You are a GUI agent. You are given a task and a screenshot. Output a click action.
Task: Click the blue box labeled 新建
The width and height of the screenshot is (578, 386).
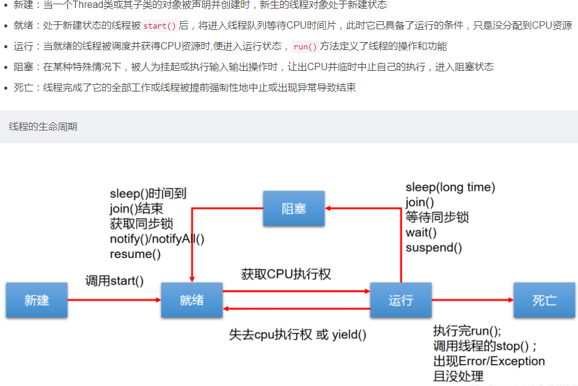tap(37, 300)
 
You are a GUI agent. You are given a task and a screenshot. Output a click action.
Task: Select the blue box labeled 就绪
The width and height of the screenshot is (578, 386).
tap(192, 300)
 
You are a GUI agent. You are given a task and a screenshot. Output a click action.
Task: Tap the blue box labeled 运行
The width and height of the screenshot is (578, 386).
tap(401, 300)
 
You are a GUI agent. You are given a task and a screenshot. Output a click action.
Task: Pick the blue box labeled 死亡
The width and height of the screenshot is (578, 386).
tap(544, 300)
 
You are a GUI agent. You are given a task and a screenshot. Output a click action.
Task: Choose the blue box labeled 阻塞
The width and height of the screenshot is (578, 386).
tap(294, 209)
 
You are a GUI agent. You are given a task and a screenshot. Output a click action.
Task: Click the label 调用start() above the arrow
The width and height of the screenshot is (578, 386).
tap(114, 281)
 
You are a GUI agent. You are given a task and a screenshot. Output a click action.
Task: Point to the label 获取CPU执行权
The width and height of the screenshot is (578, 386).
tap(286, 274)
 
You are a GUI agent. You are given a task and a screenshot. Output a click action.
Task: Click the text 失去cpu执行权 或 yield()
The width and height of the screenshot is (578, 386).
tap(298, 334)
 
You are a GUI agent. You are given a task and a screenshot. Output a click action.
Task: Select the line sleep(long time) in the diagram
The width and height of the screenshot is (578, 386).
tap(450, 187)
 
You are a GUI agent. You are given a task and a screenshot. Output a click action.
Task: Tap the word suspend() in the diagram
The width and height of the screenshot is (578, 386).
tap(434, 248)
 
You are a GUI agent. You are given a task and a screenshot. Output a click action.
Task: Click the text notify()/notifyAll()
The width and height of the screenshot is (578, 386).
tap(157, 239)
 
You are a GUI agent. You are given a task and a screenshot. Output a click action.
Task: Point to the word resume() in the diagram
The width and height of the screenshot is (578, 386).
tap(135, 254)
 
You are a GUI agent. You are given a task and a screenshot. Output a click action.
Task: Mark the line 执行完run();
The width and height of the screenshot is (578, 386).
tap(467, 331)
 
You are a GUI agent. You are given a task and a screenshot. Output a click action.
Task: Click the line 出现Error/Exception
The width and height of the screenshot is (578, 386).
tap(489, 361)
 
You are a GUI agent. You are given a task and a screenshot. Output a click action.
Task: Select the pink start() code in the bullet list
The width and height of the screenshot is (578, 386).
tap(159, 26)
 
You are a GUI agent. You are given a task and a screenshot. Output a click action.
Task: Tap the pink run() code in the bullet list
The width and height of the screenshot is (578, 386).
tap(305, 47)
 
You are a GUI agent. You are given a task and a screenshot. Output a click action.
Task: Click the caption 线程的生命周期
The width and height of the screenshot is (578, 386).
tap(43, 127)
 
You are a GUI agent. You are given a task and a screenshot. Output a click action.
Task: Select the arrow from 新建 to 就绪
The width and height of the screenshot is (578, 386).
tap(114, 300)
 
